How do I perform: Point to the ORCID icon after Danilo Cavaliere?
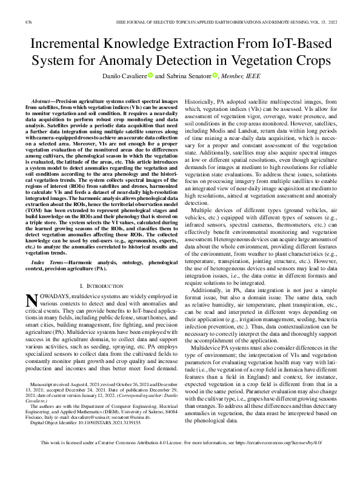148,76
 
